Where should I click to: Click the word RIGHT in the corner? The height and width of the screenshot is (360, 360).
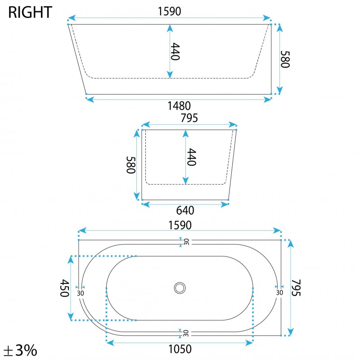[x=30, y=12]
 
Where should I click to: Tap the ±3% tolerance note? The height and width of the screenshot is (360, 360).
[x=20, y=350]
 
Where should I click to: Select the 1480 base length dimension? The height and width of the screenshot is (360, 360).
[x=179, y=106]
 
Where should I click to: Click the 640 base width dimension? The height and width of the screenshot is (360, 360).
[x=185, y=210]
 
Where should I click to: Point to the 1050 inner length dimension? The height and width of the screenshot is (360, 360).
[x=180, y=349]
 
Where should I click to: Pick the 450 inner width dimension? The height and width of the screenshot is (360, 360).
[x=65, y=288]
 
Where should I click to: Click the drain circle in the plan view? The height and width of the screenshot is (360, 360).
[x=180, y=288]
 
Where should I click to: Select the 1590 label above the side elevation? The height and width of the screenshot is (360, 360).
[x=170, y=11]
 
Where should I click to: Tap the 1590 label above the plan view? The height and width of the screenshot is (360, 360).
[x=180, y=225]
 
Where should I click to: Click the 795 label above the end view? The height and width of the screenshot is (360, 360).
[x=189, y=118]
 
